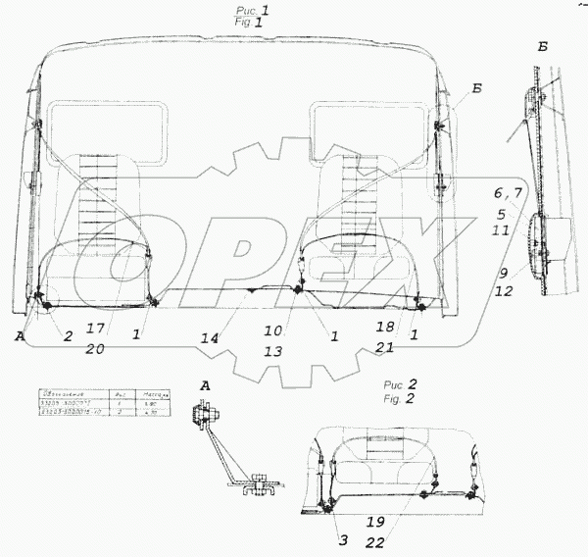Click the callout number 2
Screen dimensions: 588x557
[70, 336]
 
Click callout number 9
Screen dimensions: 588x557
[501, 275]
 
